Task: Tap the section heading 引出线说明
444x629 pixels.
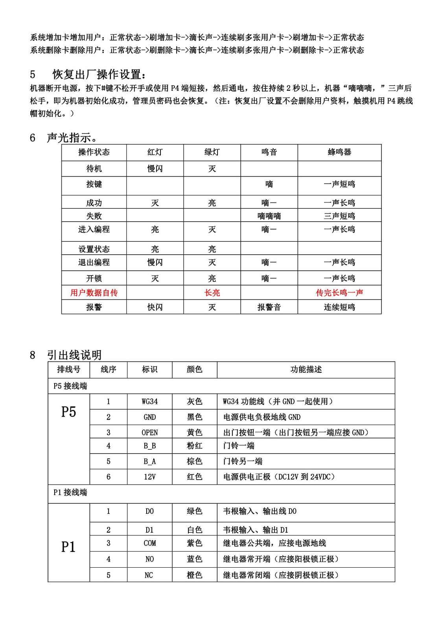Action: click(x=74, y=355)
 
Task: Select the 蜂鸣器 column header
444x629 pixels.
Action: click(x=339, y=152)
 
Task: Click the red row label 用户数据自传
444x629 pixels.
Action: click(x=94, y=292)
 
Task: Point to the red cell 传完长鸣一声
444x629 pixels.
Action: click(x=339, y=292)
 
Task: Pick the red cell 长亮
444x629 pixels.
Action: click(x=212, y=292)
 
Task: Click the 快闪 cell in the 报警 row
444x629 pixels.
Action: click(x=155, y=307)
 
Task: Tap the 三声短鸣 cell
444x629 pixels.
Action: click(x=339, y=216)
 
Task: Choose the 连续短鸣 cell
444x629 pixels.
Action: click(x=339, y=307)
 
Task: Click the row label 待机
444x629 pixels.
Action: click(x=94, y=169)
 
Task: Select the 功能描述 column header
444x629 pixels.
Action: click(x=306, y=370)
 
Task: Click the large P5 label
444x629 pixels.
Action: click(x=68, y=412)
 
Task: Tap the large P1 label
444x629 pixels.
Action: click(x=68, y=547)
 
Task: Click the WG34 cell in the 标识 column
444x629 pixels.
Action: click(x=150, y=401)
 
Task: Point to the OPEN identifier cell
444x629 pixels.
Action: click(x=150, y=432)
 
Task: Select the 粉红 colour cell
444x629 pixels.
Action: click(x=195, y=446)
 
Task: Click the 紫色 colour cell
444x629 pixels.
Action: click(x=195, y=543)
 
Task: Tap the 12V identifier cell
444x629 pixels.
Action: click(x=150, y=477)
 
